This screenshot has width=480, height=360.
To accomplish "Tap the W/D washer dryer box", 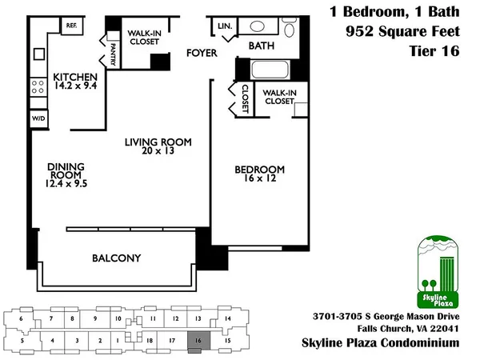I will pos(38,118).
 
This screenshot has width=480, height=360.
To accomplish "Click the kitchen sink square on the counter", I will pos(38,55).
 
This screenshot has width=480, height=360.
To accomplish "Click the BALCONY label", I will pos(116,258).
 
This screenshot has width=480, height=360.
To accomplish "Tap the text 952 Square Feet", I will pos(405,32).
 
